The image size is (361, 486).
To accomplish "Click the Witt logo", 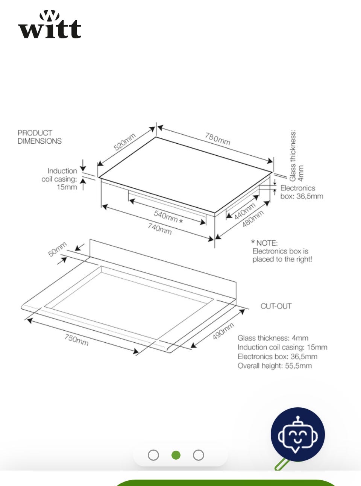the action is [x=50, y=24].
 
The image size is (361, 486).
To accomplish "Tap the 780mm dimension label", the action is [x=217, y=139].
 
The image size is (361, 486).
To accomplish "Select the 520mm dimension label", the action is [x=124, y=142].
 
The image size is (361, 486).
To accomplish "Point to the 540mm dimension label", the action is [x=166, y=216].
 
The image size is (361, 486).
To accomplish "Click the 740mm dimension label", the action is [x=159, y=229].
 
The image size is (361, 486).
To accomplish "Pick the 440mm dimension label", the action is [x=245, y=211].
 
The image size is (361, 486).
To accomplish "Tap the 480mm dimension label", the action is [x=253, y=219].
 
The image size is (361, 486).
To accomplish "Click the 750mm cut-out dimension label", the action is [x=76, y=340].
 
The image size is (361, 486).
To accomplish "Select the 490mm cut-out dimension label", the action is [x=223, y=331].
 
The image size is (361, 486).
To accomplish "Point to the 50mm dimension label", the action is [x=57, y=249].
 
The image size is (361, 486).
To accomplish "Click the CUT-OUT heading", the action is [x=276, y=306].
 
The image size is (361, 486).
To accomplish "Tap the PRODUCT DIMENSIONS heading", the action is [x=39, y=137].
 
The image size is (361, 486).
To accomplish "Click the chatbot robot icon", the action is [x=298, y=434].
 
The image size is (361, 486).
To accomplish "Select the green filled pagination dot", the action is [x=176, y=455].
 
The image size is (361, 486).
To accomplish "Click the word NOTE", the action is [x=267, y=243].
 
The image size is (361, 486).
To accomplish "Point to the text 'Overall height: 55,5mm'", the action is [x=275, y=366].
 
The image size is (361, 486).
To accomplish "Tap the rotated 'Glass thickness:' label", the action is [x=293, y=156].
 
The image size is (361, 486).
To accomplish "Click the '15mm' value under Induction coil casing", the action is [x=67, y=187].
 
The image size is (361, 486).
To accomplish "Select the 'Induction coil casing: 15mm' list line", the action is [x=282, y=347].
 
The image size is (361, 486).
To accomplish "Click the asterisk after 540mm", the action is [x=181, y=221].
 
